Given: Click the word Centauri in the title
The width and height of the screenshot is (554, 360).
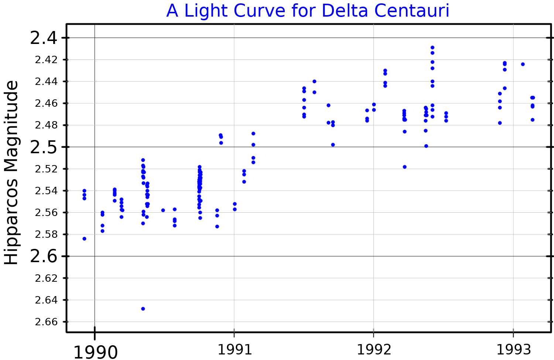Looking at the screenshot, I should point(411,11).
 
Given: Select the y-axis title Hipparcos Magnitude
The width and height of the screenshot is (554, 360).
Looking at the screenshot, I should point(11,172).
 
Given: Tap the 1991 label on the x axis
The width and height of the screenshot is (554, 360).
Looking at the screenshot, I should point(235,349).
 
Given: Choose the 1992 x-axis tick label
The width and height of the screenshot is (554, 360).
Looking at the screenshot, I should point(374,349).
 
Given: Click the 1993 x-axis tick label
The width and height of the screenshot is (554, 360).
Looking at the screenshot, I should point(513,349).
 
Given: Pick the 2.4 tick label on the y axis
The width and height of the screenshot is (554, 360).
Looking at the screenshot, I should point(44,38).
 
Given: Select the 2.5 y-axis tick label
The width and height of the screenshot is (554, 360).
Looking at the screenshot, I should point(44,147).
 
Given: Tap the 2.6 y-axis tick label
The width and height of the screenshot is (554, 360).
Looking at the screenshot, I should point(44,256).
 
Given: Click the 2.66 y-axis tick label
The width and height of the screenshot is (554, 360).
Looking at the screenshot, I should point(47,322).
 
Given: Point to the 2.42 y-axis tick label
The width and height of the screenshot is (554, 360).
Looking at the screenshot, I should point(47,60).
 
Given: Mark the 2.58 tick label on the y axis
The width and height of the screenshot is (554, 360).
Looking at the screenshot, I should point(47,234).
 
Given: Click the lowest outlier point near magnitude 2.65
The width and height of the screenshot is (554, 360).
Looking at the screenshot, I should point(143,309).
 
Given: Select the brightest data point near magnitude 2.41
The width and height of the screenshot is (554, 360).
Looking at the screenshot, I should point(432,48).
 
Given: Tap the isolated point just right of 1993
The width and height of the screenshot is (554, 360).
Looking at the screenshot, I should point(523,64).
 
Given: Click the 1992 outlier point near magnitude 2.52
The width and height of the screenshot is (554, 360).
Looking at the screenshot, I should point(404,167).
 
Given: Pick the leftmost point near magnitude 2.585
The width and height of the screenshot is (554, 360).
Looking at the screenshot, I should point(84,239).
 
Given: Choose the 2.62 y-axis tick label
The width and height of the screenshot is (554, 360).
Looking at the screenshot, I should point(47,278).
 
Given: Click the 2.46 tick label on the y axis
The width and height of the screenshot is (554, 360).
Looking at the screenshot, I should point(47,103).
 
